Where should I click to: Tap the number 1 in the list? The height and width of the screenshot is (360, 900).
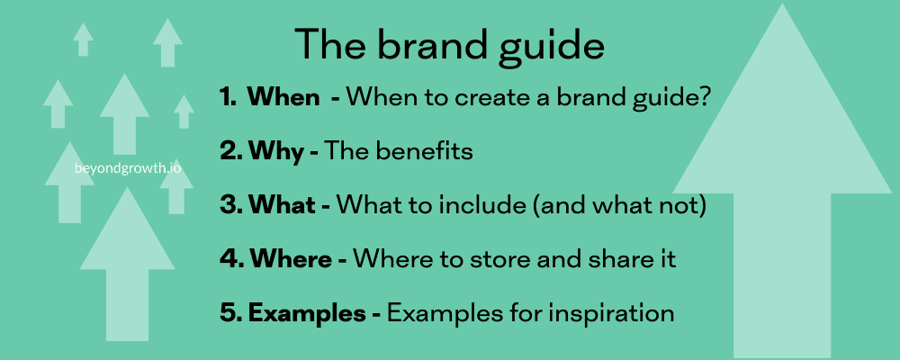[x=227, y=98]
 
